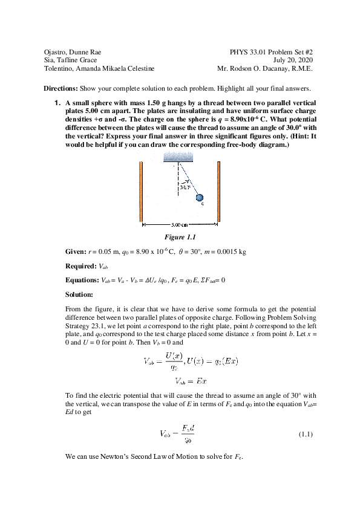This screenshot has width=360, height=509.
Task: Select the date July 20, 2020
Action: click(x=293, y=60)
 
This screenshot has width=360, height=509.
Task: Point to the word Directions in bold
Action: click(x=59, y=88)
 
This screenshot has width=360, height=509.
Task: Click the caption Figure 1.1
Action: click(x=180, y=237)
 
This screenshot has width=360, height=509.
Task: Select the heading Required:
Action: click(x=80, y=265)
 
